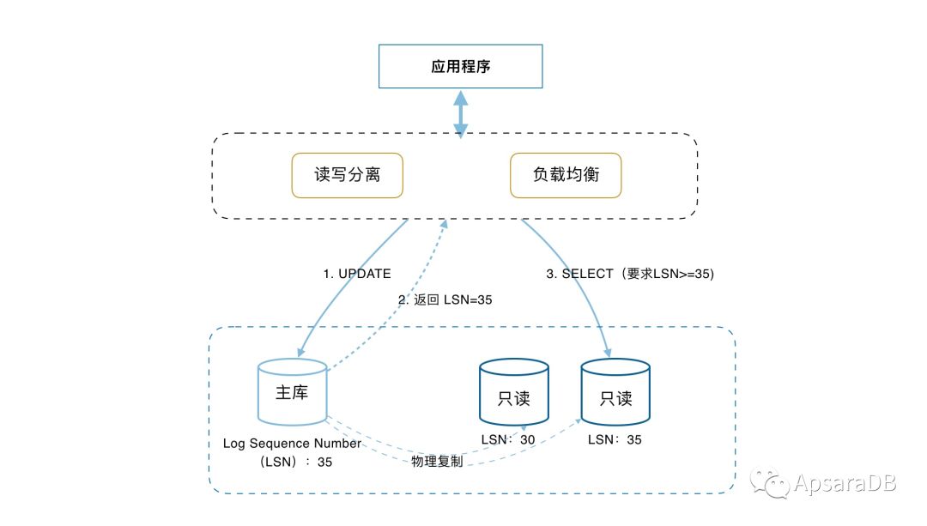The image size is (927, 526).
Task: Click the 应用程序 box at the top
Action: tap(461, 66)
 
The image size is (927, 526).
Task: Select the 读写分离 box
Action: tap(347, 175)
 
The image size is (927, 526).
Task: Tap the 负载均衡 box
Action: tap(566, 175)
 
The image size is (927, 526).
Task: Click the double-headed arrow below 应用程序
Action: tap(461, 114)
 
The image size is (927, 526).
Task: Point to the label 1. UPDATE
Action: tap(356, 274)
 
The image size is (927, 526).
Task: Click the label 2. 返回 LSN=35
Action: tap(445, 299)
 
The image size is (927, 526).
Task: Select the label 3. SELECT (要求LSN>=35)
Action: tap(630, 274)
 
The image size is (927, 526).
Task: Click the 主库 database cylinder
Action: tap(293, 392)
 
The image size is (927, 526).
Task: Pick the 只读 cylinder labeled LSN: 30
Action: tap(514, 392)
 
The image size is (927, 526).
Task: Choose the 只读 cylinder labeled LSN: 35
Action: tap(615, 392)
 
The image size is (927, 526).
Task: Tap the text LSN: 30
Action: tap(508, 439)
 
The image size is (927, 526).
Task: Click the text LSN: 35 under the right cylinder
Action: tap(615, 439)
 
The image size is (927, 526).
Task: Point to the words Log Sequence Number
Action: tap(292, 444)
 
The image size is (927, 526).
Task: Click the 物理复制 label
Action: tap(437, 461)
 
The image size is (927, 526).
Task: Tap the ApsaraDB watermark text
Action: tap(845, 483)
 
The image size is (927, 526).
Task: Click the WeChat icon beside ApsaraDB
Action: tap(770, 482)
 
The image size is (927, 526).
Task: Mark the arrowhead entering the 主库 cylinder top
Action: tap(301, 352)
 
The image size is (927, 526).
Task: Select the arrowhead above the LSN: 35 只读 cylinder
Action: tap(607, 353)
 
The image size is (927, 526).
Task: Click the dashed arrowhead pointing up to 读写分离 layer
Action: tap(444, 224)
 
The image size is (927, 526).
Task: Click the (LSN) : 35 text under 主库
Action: tap(295, 462)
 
